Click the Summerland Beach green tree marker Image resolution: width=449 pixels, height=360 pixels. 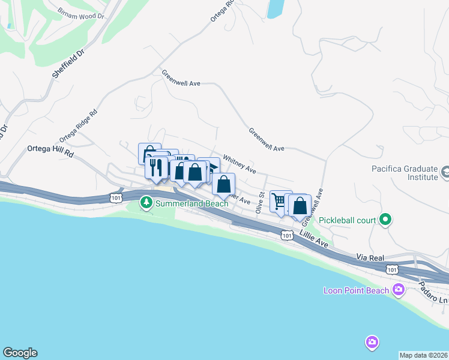(146, 203)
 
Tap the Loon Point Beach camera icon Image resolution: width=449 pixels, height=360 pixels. (398, 291)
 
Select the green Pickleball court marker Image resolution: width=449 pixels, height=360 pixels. (386, 220)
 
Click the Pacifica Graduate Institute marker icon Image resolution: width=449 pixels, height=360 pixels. (445, 173)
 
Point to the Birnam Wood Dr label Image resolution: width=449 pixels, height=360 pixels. (81, 13)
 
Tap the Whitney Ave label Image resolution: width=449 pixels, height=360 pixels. (240, 164)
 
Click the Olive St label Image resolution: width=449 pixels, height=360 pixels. (261, 203)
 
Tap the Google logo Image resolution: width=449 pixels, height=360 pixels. (20, 353)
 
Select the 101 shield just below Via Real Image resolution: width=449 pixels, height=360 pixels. (392, 269)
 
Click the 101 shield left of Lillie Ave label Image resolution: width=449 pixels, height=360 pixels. (287, 236)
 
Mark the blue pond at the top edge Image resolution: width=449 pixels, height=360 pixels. (275, 8)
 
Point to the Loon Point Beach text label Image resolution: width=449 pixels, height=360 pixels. (357, 291)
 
